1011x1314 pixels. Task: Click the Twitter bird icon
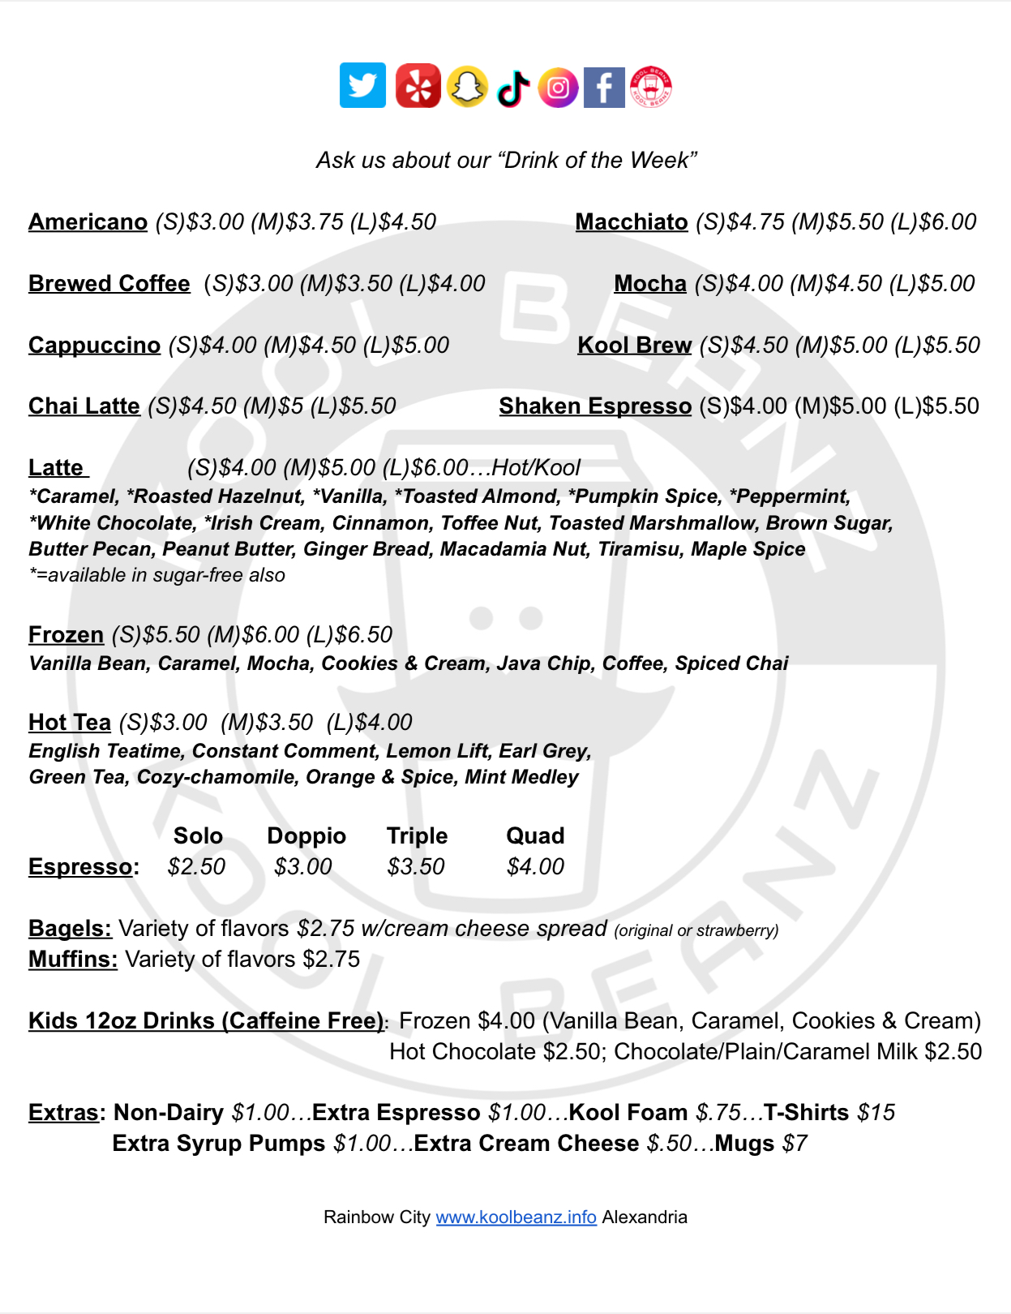coord(362,85)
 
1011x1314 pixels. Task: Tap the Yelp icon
coord(418,85)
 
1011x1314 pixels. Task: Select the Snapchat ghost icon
coord(467,86)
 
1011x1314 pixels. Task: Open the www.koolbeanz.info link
coord(516,1217)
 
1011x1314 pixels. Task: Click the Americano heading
coord(88,221)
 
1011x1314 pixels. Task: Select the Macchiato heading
coord(632,221)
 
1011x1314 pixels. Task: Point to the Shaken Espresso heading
coord(595,406)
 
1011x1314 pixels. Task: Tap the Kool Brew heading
coord(634,345)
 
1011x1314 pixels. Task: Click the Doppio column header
coord(306,835)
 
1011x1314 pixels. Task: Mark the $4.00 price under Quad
coord(535,866)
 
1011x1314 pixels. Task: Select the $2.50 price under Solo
coord(196,866)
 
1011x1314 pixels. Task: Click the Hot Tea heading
coord(70,722)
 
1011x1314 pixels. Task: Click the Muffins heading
coord(73,959)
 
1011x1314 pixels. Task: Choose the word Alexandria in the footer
coord(645,1217)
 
